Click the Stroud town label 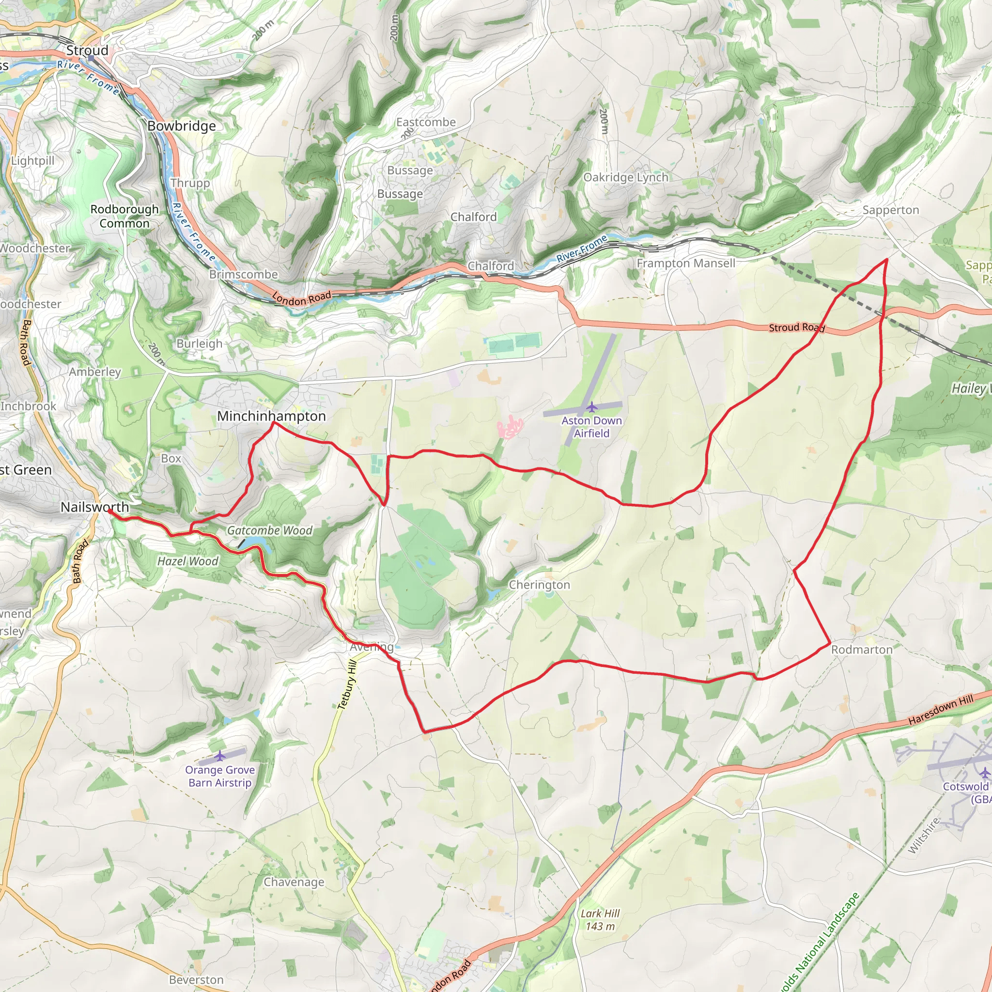pos(87,50)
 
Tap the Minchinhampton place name pos(271,416)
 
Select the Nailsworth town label pos(94,507)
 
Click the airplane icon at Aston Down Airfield pos(592,407)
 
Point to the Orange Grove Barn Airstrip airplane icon pos(220,756)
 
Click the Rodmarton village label pos(862,650)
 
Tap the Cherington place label pos(539,585)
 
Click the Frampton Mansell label pos(686,263)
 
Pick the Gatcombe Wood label pos(270,530)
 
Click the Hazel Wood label pos(187,561)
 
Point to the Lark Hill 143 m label pos(600,920)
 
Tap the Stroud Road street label pos(796,327)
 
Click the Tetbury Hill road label pos(347,685)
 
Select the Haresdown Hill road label pos(940,710)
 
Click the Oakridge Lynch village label pos(625,177)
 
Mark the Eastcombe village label pos(426,122)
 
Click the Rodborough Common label pos(124,216)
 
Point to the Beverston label pos(196,980)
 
